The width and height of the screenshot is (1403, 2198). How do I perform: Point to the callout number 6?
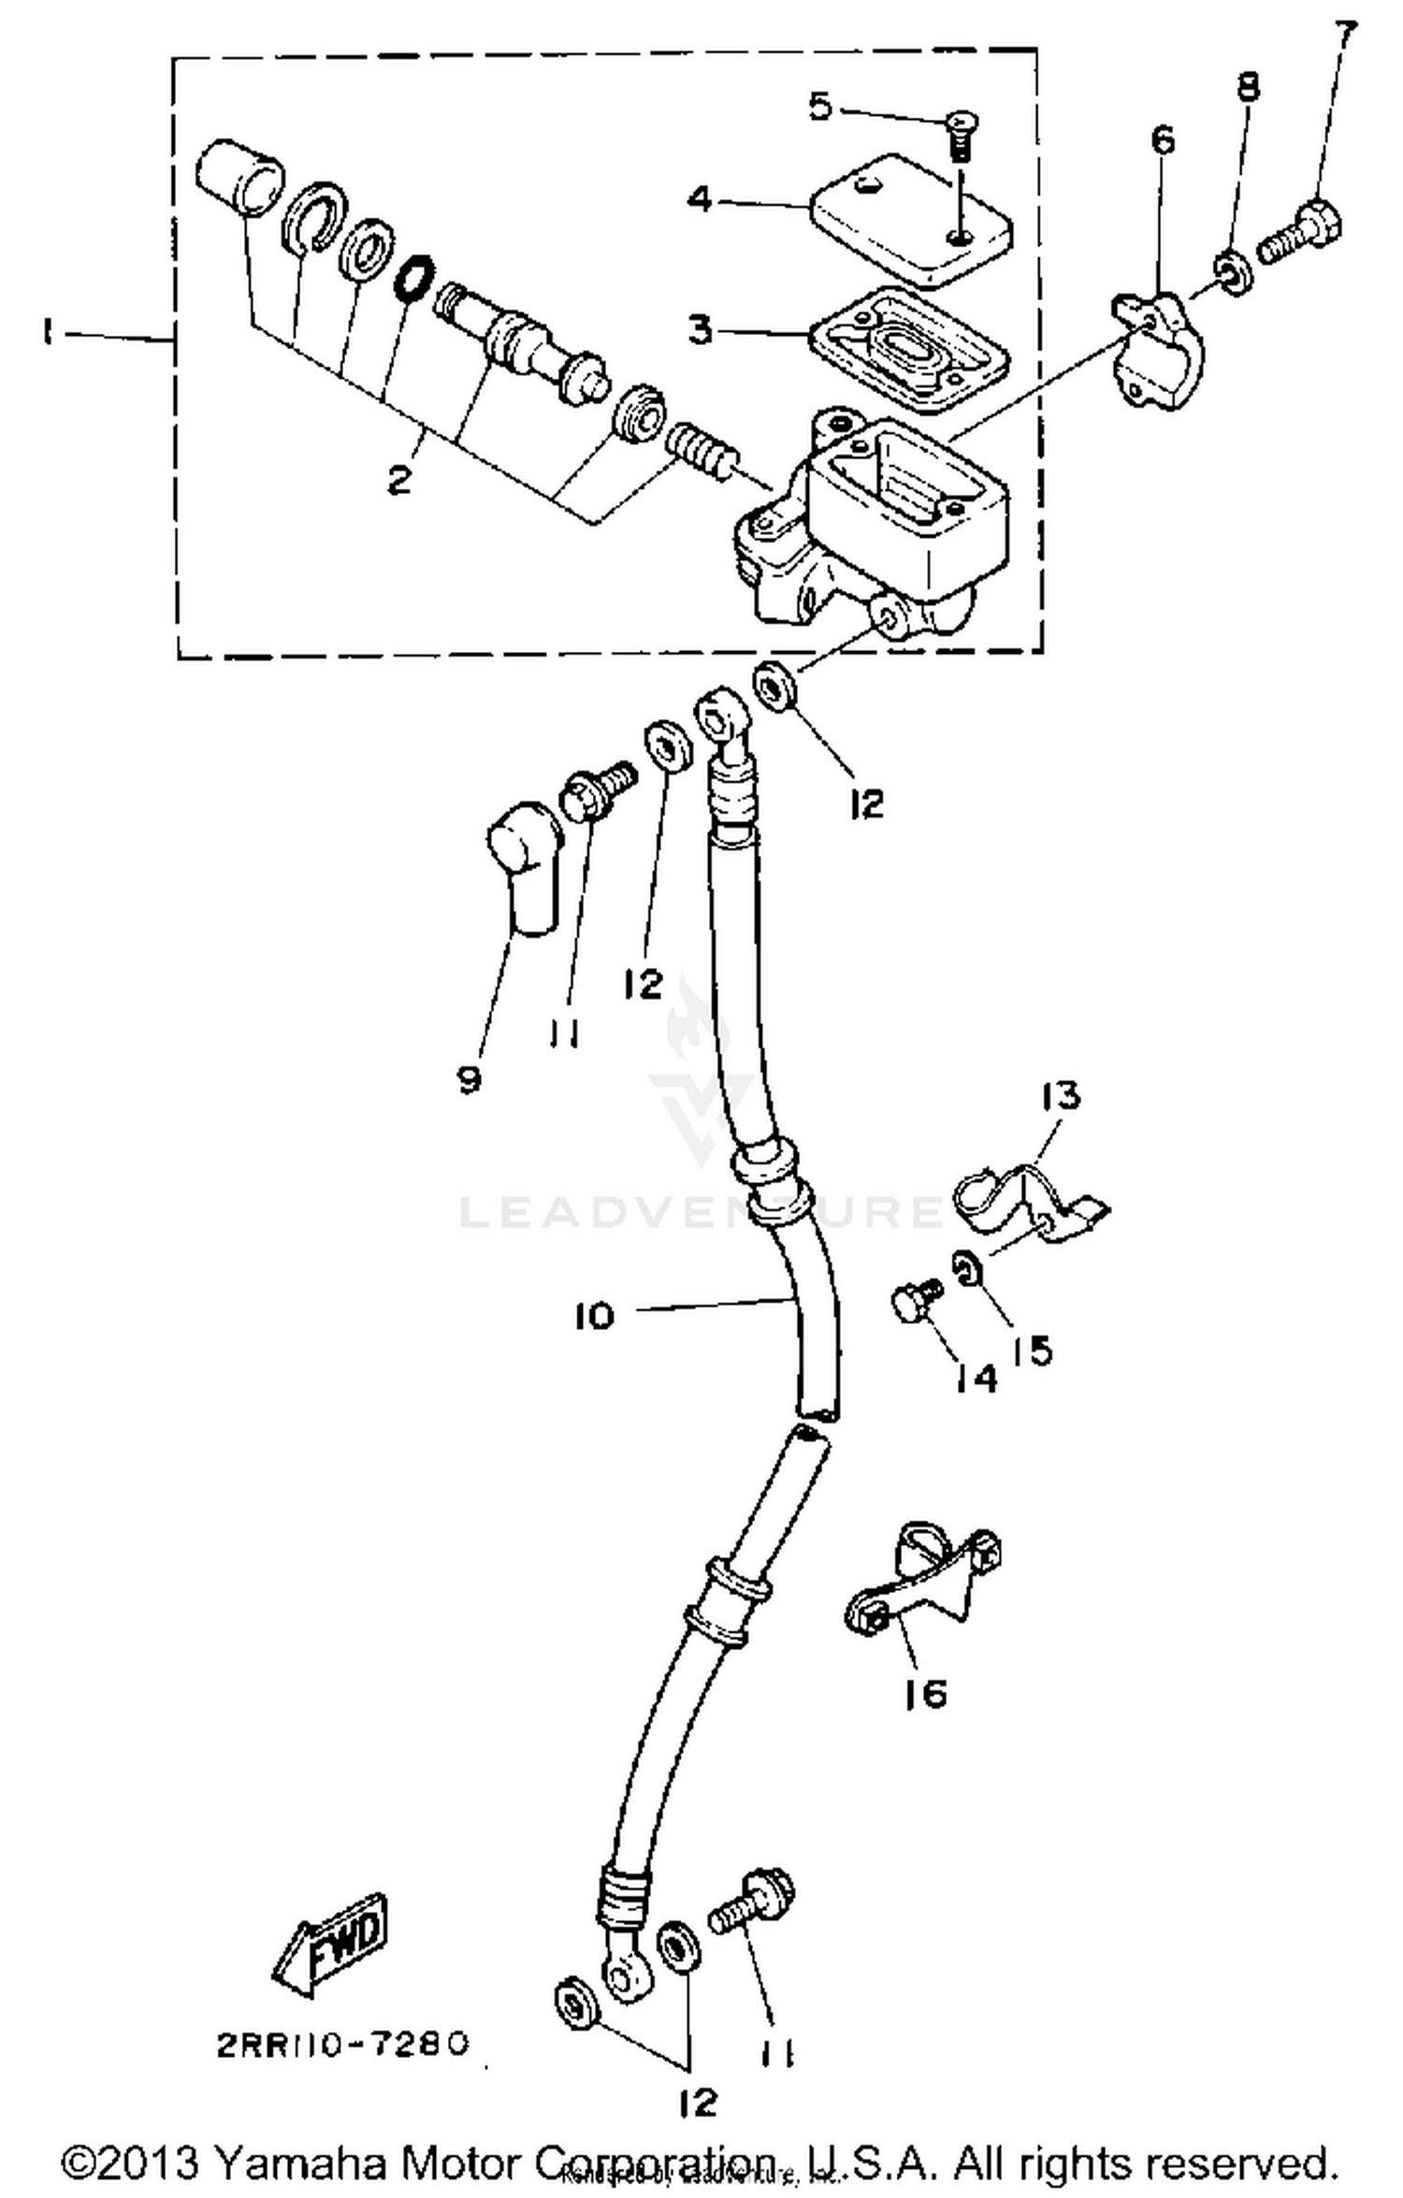(1162, 140)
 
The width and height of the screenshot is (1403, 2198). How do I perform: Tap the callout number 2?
(399, 481)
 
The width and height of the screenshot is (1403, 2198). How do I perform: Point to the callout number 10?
(595, 1316)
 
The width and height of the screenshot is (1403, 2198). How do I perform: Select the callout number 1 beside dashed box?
(47, 334)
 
